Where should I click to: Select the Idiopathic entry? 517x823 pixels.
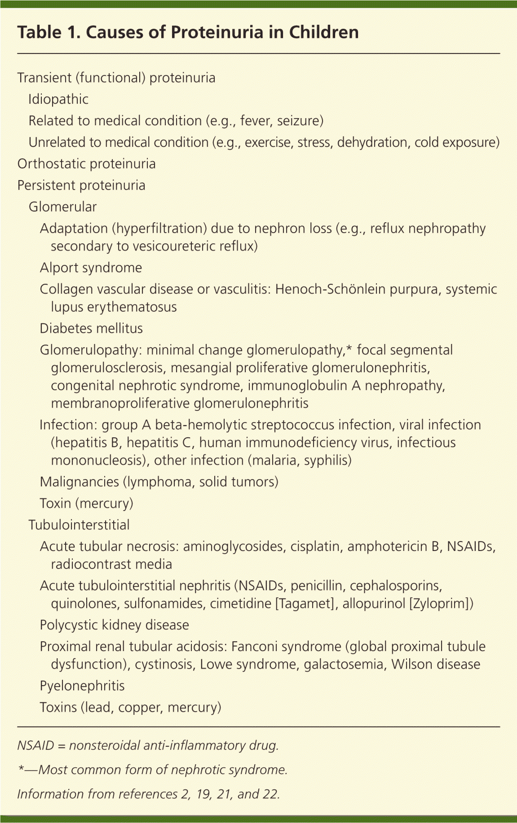(58, 99)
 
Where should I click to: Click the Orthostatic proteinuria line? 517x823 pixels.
(87, 164)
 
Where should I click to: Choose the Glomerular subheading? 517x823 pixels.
(62, 207)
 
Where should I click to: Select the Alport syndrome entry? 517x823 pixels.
(91, 268)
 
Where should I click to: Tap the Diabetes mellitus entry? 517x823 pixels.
(91, 329)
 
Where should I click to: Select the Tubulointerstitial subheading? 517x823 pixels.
(79, 525)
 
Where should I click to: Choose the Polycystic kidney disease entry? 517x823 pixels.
(114, 625)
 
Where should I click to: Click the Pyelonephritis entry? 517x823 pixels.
(82, 686)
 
